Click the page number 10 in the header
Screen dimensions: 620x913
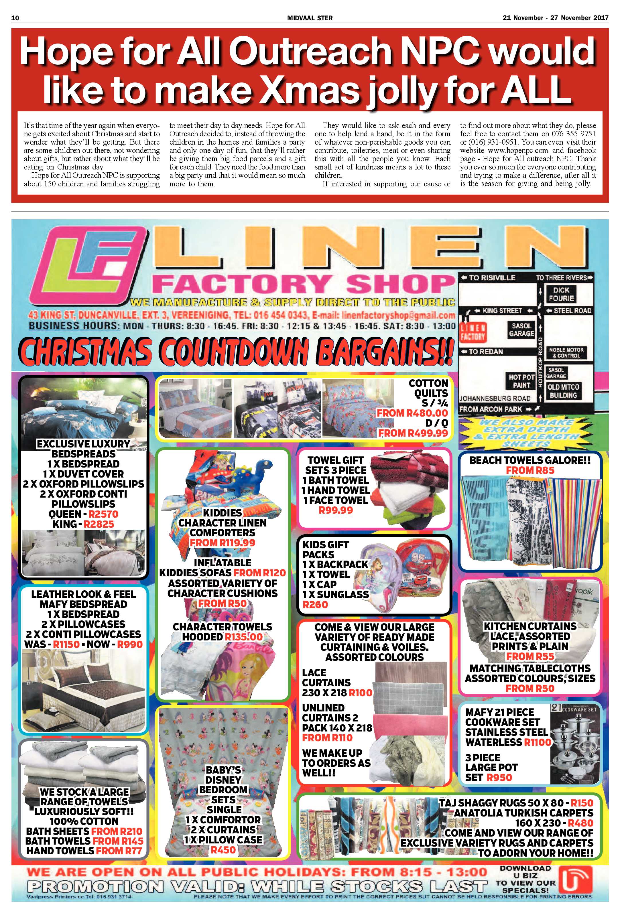(15, 18)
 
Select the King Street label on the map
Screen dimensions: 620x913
(502, 310)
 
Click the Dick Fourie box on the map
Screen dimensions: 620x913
(561, 294)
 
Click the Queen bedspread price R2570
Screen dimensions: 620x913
(103, 514)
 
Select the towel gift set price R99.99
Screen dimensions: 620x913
(336, 510)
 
